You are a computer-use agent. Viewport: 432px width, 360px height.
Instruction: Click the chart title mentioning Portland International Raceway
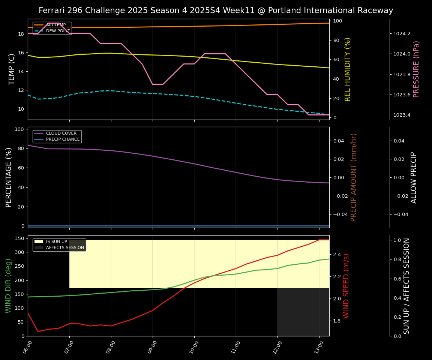click(216, 10)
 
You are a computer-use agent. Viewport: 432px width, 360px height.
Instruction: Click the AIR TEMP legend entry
click(56, 25)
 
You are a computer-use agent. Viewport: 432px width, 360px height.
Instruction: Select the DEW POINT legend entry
click(58, 31)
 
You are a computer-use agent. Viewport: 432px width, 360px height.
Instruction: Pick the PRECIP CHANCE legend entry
click(63, 139)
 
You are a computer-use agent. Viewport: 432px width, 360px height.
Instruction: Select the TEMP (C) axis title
click(12, 69)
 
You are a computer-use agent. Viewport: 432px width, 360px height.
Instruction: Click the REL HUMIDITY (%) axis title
click(348, 69)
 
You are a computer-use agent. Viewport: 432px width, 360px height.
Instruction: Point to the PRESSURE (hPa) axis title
click(416, 69)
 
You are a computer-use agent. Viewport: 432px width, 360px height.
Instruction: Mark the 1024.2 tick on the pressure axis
click(402, 34)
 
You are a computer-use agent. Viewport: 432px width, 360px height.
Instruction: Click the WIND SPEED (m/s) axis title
click(346, 286)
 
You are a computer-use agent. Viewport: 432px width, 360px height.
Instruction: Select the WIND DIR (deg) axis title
click(8, 286)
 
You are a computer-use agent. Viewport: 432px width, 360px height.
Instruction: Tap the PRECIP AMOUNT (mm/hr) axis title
click(354, 177)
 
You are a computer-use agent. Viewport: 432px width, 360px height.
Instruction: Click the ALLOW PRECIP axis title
click(414, 177)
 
